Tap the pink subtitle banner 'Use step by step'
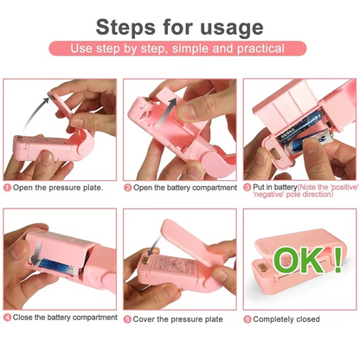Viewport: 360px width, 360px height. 179,48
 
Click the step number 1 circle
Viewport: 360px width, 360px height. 7,187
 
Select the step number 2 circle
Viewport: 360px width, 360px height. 127,187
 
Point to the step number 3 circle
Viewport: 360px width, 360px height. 247,187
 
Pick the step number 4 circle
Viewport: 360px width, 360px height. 7,318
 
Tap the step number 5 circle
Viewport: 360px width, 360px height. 127,318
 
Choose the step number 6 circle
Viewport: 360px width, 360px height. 247,318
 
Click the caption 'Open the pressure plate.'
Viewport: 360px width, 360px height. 58,187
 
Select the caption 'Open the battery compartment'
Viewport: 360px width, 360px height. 183,187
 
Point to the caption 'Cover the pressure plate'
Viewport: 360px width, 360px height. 174,318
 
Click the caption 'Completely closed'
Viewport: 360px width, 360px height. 288,318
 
